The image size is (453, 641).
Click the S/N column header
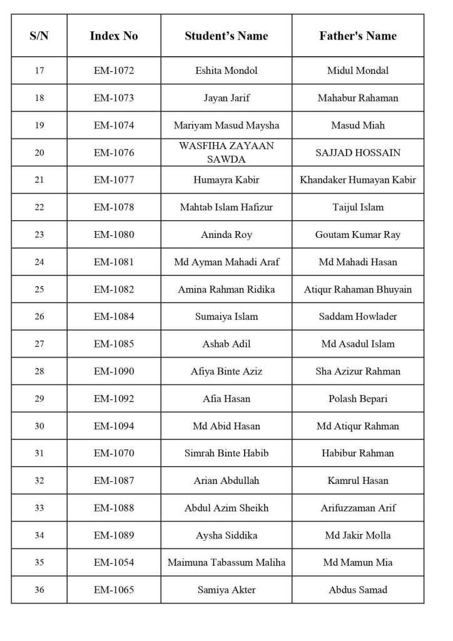pyautogui.click(x=39, y=36)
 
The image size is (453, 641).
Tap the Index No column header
pyautogui.click(x=114, y=36)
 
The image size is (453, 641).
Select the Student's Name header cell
pyautogui.click(x=226, y=36)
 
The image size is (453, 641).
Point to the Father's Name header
pyautogui.click(x=358, y=36)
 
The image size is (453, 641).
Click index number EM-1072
pyautogui.click(x=114, y=71)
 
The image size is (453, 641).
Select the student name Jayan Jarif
pyautogui.click(x=226, y=98)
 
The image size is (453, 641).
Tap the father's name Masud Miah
pyautogui.click(x=358, y=125)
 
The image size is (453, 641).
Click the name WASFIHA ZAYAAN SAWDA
pyautogui.click(x=226, y=153)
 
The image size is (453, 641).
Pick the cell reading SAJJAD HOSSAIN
pyautogui.click(x=358, y=153)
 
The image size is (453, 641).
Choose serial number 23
pyautogui.click(x=39, y=235)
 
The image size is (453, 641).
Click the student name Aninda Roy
pyautogui.click(x=226, y=235)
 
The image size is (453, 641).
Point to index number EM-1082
pyautogui.click(x=114, y=289)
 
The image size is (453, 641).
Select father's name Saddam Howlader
pyautogui.click(x=358, y=317)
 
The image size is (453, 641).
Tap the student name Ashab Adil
pyautogui.click(x=226, y=344)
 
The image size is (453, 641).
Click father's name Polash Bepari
pyautogui.click(x=358, y=399)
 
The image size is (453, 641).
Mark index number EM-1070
pyautogui.click(x=114, y=453)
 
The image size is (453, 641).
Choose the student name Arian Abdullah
pyautogui.click(x=226, y=481)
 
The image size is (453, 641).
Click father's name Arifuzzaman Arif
pyautogui.click(x=358, y=508)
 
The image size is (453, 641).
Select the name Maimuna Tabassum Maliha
pyautogui.click(x=226, y=563)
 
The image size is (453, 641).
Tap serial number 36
pyautogui.click(x=39, y=590)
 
